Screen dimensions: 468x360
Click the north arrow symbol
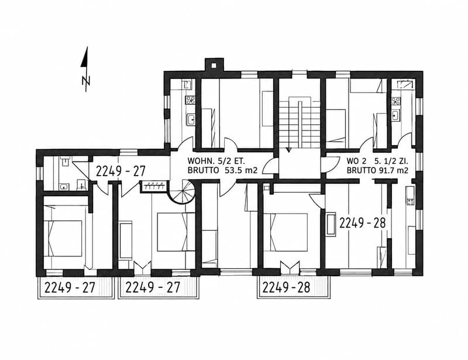tap(86, 69)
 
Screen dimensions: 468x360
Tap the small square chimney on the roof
tap(214, 66)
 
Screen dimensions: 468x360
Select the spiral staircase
tap(183, 191)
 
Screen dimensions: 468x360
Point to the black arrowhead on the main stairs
tap(288, 149)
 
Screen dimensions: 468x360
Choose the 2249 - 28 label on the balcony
tap(286, 287)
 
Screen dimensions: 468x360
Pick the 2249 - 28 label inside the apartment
tap(363, 223)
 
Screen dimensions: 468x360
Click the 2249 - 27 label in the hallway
tap(121, 172)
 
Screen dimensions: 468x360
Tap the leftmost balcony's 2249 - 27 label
tap(70, 287)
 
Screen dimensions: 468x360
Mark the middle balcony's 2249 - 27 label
tap(153, 287)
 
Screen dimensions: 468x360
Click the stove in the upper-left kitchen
tap(191, 100)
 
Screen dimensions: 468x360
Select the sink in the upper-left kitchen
tap(191, 119)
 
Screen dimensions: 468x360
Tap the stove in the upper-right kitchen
tap(396, 101)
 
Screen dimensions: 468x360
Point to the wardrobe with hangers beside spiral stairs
tap(154, 186)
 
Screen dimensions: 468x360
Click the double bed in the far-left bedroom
tap(63, 238)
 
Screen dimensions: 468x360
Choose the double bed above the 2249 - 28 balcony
tap(285, 232)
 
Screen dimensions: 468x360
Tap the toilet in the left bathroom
tap(81, 185)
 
